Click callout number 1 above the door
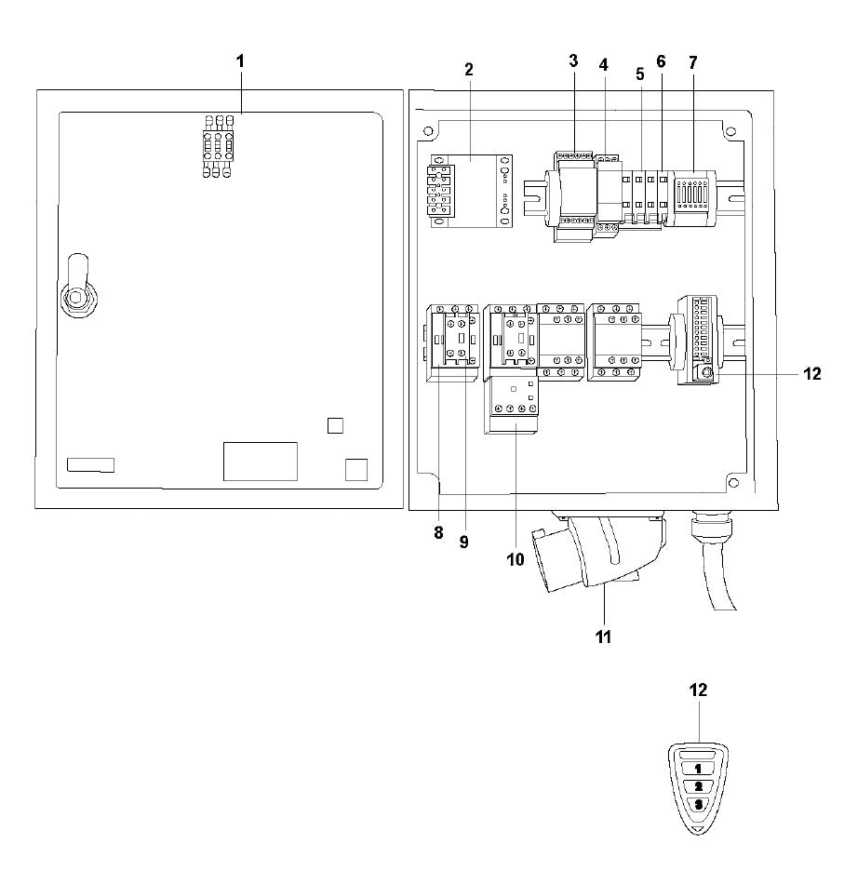[x=239, y=60]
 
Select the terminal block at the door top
[x=217, y=146]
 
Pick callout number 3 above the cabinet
[x=573, y=60]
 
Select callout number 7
[x=691, y=62]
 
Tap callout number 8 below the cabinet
[x=438, y=534]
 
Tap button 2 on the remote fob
[x=698, y=786]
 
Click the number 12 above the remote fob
[x=698, y=690]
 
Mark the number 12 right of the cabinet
[x=811, y=374]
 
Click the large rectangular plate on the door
[x=260, y=461]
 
